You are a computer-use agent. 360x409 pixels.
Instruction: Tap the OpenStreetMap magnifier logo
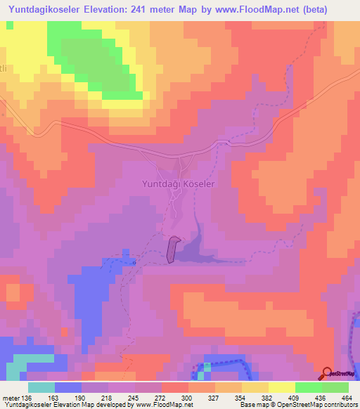pyautogui.click(x=328, y=373)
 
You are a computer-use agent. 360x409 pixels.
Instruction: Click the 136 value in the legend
pyautogui.click(x=27, y=398)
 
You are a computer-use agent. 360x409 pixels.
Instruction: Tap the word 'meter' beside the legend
pyautogui.click(x=10, y=398)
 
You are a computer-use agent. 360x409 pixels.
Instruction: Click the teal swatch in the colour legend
pyautogui.click(x=41, y=387)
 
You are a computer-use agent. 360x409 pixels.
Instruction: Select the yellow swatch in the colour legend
pyautogui.click(x=281, y=387)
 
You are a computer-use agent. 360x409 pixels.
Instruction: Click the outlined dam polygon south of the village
pyautogui.click(x=172, y=249)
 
